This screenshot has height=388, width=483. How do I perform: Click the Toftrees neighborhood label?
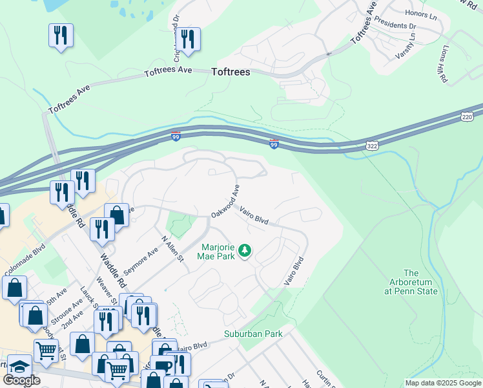click(231, 72)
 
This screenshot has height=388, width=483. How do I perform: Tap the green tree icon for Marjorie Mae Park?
click(245, 250)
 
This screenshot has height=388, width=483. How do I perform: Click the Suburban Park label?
click(253, 334)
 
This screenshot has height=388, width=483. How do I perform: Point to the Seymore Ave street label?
click(140, 261)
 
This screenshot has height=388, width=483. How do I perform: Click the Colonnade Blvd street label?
click(25, 250)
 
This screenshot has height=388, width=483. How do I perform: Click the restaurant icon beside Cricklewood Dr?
click(188, 38)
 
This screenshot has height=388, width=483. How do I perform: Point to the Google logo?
click(21, 380)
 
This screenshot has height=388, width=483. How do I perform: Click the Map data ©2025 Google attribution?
click(443, 383)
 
